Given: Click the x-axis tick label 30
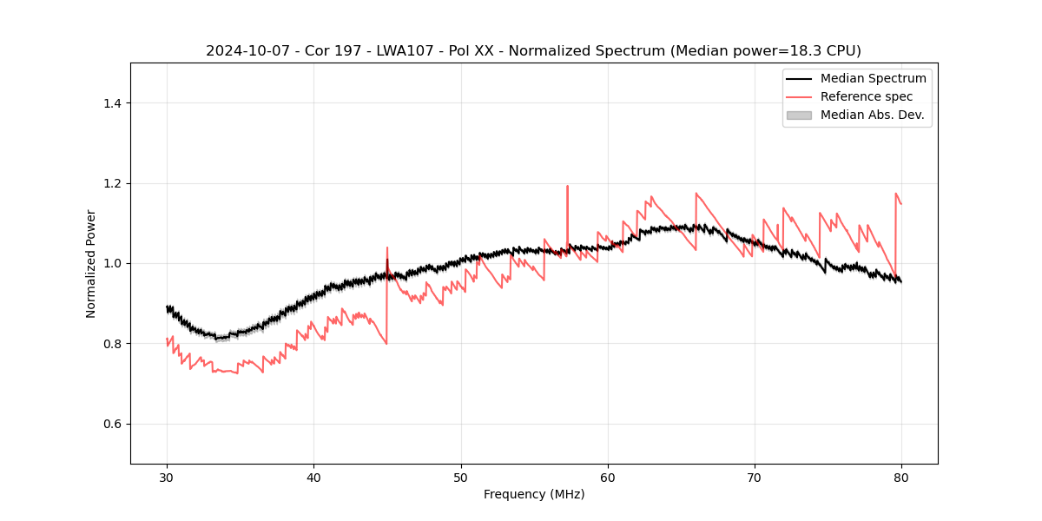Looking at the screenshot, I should (167, 477).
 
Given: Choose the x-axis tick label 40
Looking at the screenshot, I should (313, 477).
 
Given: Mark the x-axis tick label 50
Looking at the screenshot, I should (461, 477).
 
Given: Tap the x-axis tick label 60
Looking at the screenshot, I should (608, 477).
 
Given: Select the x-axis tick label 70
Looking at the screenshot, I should (755, 477).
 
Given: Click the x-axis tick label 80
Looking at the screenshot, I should (901, 477).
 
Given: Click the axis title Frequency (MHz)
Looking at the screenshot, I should (534, 494).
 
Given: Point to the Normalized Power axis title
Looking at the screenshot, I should (91, 263).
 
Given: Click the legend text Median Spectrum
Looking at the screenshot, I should (873, 78).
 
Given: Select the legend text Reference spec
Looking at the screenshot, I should (867, 96).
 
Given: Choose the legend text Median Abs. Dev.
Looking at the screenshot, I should (872, 115).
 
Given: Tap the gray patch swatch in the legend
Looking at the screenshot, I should (799, 115).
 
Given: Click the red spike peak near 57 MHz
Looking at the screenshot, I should (567, 186).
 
